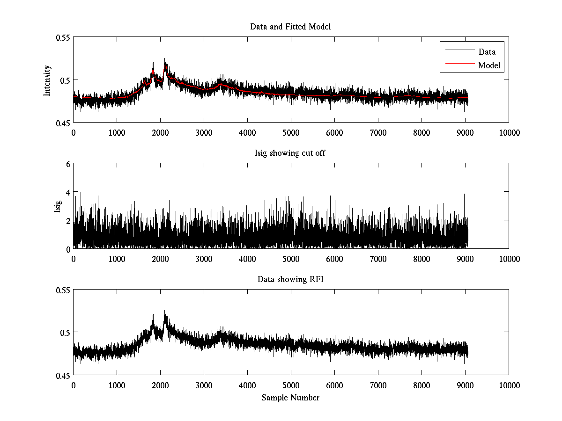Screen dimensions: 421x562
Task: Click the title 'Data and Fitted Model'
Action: pyautogui.click(x=290, y=27)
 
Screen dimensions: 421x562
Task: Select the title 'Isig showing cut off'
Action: pyautogui.click(x=290, y=153)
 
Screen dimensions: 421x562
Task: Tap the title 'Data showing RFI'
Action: pyautogui.click(x=290, y=279)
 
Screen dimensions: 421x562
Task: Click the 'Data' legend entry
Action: pyautogui.click(x=487, y=52)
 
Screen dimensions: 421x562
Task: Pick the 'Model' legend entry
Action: pyautogui.click(x=489, y=65)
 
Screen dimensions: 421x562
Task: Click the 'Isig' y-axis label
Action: pyautogui.click(x=58, y=206)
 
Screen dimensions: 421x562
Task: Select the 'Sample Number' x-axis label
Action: pyautogui.click(x=290, y=398)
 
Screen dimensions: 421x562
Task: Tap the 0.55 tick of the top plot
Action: pyautogui.click(x=64, y=37)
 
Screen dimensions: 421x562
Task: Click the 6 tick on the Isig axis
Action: pyautogui.click(x=67, y=164)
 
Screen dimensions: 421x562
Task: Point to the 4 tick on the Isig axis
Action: pyautogui.click(x=67, y=192)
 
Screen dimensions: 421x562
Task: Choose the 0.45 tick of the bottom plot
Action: pyautogui.click(x=64, y=375)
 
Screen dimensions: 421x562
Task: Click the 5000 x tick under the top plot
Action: pyautogui.click(x=291, y=132)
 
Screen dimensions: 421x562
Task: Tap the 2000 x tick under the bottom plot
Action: pyautogui.click(x=160, y=385)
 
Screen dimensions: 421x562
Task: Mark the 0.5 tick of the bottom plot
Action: pyautogui.click(x=66, y=333)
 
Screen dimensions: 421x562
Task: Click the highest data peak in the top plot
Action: pyautogui.click(x=165, y=59)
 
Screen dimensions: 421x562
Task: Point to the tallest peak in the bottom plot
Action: pyautogui.click(x=165, y=311)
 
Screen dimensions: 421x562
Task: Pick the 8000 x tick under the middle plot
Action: pyautogui.click(x=421, y=259)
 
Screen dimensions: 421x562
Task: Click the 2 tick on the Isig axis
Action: pyautogui.click(x=67, y=220)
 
